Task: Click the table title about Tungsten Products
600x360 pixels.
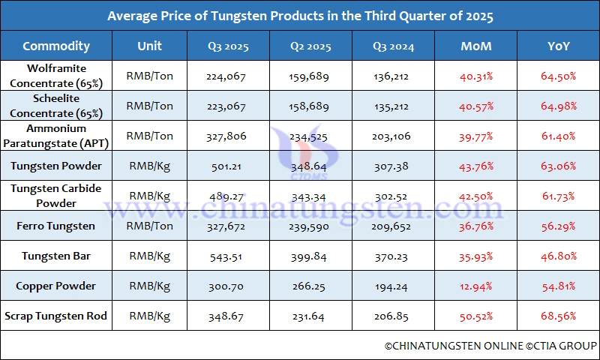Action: point(300,16)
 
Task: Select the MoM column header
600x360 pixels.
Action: point(476,46)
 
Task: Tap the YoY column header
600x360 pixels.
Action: point(558,46)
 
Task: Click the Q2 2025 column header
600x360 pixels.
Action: point(310,46)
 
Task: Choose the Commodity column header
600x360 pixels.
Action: point(56,46)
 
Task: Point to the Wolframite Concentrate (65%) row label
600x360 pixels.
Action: point(56,76)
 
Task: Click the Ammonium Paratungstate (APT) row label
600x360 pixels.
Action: point(56,136)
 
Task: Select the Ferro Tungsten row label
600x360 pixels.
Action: point(56,226)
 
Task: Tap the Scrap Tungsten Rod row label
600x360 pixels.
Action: point(56,316)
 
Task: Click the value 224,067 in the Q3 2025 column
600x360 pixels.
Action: point(228,76)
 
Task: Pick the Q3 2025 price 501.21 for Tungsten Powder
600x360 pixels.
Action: point(228,166)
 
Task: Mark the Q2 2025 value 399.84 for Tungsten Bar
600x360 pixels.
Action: point(310,256)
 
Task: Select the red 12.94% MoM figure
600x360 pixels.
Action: point(476,286)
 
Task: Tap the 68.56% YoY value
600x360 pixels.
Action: point(558,316)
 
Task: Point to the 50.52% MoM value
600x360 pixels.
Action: point(476,316)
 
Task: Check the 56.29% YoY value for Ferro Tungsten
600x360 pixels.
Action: point(558,226)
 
